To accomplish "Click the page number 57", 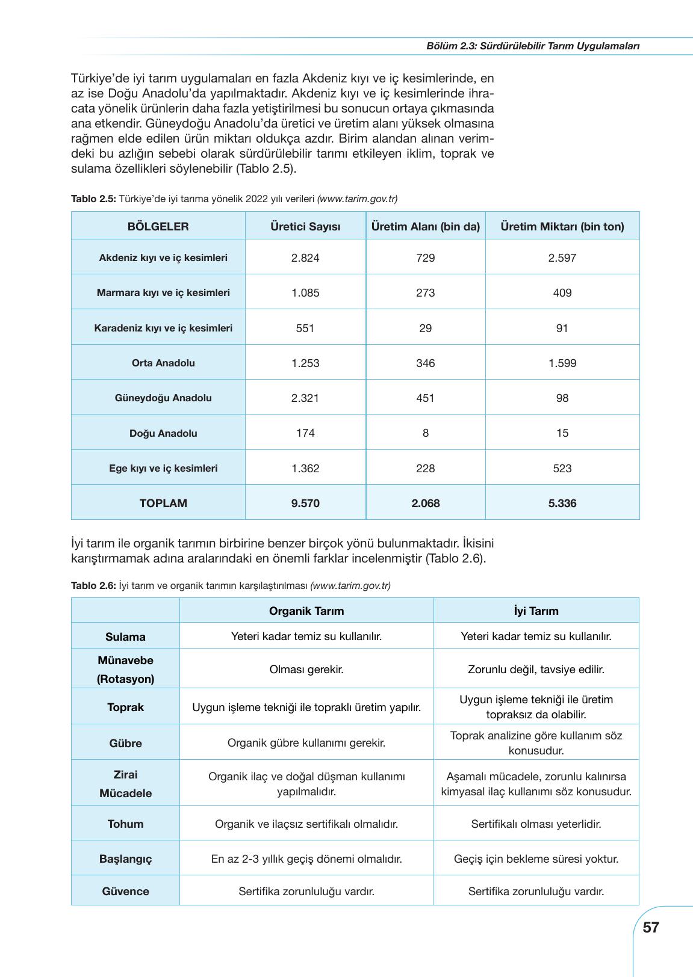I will point(650,927).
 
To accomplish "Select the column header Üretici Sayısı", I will point(305,227).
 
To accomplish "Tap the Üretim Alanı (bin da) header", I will point(426,227).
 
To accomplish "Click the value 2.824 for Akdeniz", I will point(305,258).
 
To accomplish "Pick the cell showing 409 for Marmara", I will point(562,293).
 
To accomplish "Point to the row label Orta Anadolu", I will point(163,363).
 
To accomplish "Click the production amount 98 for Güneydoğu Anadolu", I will point(562,398).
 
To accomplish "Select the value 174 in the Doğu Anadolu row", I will point(305,433).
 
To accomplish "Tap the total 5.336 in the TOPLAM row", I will point(562,504).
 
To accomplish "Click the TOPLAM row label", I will point(163,504).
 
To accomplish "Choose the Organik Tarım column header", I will point(306,611).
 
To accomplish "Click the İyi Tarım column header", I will point(536,611).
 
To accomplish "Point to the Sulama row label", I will point(125,637).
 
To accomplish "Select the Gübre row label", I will point(125,744).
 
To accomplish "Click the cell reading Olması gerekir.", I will point(306,670).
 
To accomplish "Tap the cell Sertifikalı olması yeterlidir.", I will point(536,824).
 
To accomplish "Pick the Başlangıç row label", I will point(125,859).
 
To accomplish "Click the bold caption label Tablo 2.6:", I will point(93,585).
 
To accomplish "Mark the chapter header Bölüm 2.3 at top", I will point(532,46).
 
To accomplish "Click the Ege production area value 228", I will point(426,469).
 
